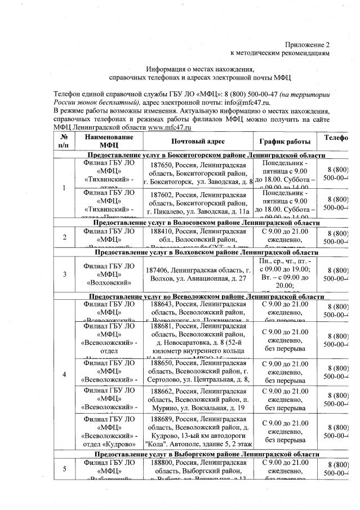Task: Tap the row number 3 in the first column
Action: pos(64,274)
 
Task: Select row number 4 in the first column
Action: pos(64,374)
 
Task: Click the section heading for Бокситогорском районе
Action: pos(207,155)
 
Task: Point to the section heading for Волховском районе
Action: pos(207,253)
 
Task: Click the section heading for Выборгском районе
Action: pos(207,453)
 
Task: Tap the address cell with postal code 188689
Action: pos(195,431)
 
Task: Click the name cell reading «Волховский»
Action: pos(109,274)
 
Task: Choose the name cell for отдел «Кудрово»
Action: pos(109,431)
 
